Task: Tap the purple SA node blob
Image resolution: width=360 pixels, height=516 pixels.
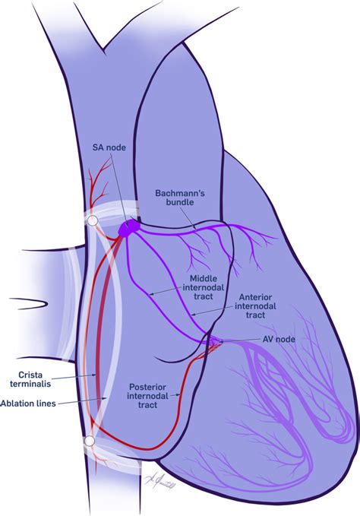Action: pyautogui.click(x=129, y=226)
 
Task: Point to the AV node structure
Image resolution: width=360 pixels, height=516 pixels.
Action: pyautogui.click(x=215, y=340)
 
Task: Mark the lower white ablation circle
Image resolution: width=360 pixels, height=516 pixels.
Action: pyautogui.click(x=90, y=441)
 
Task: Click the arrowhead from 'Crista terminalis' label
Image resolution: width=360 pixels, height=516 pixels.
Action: pyautogui.click(x=95, y=373)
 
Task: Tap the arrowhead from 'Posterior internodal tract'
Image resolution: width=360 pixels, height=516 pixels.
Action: pyautogui.click(x=180, y=394)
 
